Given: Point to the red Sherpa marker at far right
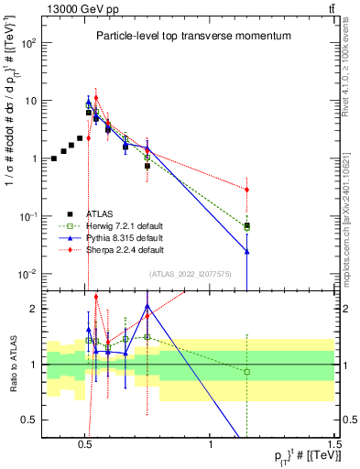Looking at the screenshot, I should click(x=246, y=190).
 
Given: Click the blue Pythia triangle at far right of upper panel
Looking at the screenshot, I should click(x=246, y=250).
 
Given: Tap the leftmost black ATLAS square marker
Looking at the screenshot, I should click(x=54, y=158).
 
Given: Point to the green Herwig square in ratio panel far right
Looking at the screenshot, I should click(x=246, y=371).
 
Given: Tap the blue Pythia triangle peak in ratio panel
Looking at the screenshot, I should click(x=147, y=307).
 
